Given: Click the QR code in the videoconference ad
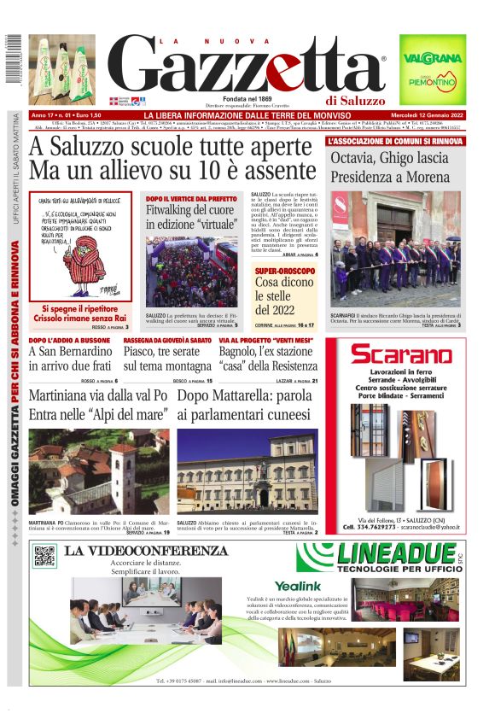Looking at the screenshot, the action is (x=44, y=556).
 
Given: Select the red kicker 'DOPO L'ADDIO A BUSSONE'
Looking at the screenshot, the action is (x=69, y=340).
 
